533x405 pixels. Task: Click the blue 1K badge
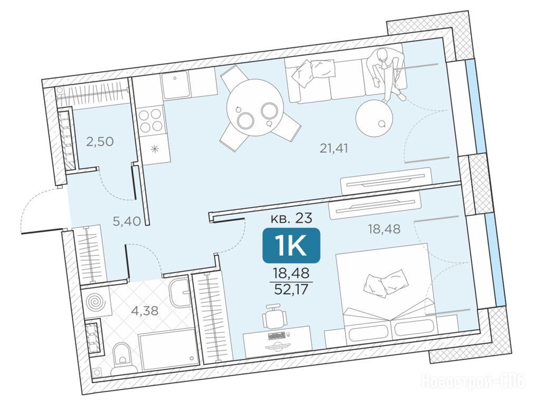coord(291,246)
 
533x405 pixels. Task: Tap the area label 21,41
coord(334,148)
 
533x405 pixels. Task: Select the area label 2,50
coord(100,141)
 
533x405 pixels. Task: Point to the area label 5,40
coord(127,221)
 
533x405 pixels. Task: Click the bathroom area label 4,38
coord(145,311)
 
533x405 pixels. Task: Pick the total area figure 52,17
coord(291,289)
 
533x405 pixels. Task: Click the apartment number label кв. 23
coord(291,218)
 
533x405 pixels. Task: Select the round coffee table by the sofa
coord(375,118)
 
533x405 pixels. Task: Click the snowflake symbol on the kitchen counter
coord(155,149)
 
